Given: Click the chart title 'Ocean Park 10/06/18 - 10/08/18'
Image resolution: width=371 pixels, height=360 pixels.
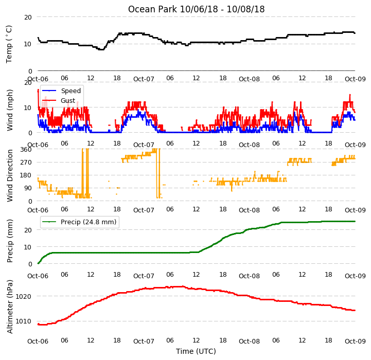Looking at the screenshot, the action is click(196, 9).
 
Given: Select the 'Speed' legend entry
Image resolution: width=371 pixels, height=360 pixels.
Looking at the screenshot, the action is click(70, 91).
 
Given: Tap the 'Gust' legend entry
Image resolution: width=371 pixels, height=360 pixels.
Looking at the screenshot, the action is click(68, 100).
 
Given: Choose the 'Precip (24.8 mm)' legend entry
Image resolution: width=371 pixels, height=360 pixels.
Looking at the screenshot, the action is click(89, 222).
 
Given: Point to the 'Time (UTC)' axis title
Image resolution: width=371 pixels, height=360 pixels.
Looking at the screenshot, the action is click(196, 351).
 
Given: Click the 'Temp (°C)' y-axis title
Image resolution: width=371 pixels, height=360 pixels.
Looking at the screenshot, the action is click(9, 44).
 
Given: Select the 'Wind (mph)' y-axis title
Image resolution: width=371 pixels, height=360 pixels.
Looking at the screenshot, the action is click(9, 110).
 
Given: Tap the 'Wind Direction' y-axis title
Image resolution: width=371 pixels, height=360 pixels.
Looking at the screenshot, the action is click(9, 175).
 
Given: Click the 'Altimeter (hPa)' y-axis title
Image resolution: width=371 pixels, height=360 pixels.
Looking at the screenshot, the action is click(9, 307).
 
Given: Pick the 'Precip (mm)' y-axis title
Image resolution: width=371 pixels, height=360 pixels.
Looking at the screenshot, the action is click(9, 241).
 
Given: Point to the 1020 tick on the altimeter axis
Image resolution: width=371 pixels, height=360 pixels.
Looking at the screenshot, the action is click(24, 297).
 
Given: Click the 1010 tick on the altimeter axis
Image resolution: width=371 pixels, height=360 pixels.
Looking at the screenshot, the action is click(24, 321).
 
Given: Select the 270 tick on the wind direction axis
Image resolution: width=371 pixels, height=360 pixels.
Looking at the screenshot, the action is click(26, 163).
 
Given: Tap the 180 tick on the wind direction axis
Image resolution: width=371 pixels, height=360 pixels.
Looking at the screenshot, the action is click(26, 175).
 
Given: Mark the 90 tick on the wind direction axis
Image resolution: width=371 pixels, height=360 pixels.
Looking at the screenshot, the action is click(28, 188).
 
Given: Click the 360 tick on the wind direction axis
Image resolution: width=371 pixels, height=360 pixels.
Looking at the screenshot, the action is click(26, 150).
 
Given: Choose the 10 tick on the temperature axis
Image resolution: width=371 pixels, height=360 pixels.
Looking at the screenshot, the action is click(28, 44).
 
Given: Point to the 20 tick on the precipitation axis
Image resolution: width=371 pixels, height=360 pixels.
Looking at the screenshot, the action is click(28, 230).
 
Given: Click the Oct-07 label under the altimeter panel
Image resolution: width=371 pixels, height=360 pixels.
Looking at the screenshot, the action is click(144, 341).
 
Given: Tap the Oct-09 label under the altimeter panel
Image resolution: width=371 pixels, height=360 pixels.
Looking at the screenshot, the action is click(355, 341).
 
